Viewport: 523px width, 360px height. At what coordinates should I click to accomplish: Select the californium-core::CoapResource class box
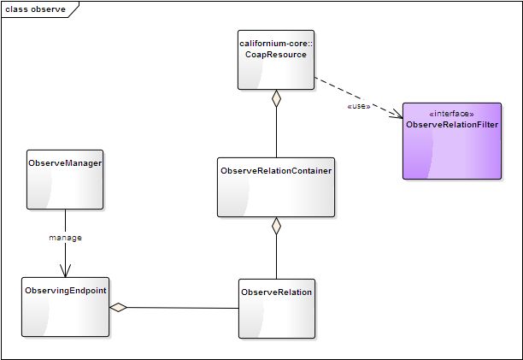point(276,60)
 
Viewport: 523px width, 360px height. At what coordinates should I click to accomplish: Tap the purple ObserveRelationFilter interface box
point(452,141)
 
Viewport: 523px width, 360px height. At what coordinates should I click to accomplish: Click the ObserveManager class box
point(65,180)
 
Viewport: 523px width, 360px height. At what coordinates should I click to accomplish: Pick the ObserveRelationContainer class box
point(276,187)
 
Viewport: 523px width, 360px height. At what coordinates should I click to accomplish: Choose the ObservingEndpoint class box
point(65,307)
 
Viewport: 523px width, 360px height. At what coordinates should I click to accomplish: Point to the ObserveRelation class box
point(277,309)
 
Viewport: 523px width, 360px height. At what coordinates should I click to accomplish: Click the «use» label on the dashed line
point(359,106)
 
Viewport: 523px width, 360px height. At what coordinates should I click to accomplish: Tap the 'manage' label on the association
point(65,238)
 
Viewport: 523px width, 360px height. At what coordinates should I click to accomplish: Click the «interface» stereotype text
point(451,114)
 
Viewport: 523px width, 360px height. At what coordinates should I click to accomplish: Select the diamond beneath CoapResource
point(276,98)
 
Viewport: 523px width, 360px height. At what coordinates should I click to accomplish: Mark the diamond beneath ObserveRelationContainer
point(276,226)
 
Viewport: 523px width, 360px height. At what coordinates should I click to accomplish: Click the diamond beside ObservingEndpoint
point(118,307)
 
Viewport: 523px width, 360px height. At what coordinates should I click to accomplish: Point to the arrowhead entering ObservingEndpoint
point(65,270)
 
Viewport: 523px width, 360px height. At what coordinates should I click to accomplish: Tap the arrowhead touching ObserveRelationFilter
point(397,114)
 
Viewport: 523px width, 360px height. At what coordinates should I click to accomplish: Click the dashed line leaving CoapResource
point(359,97)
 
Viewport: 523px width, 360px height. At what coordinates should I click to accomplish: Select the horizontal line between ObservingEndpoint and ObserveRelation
point(183,308)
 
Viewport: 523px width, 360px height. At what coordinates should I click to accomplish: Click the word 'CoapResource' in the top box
point(276,55)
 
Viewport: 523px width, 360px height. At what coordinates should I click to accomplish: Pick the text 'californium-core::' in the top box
point(276,44)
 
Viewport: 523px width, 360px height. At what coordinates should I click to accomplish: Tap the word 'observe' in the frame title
point(48,9)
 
